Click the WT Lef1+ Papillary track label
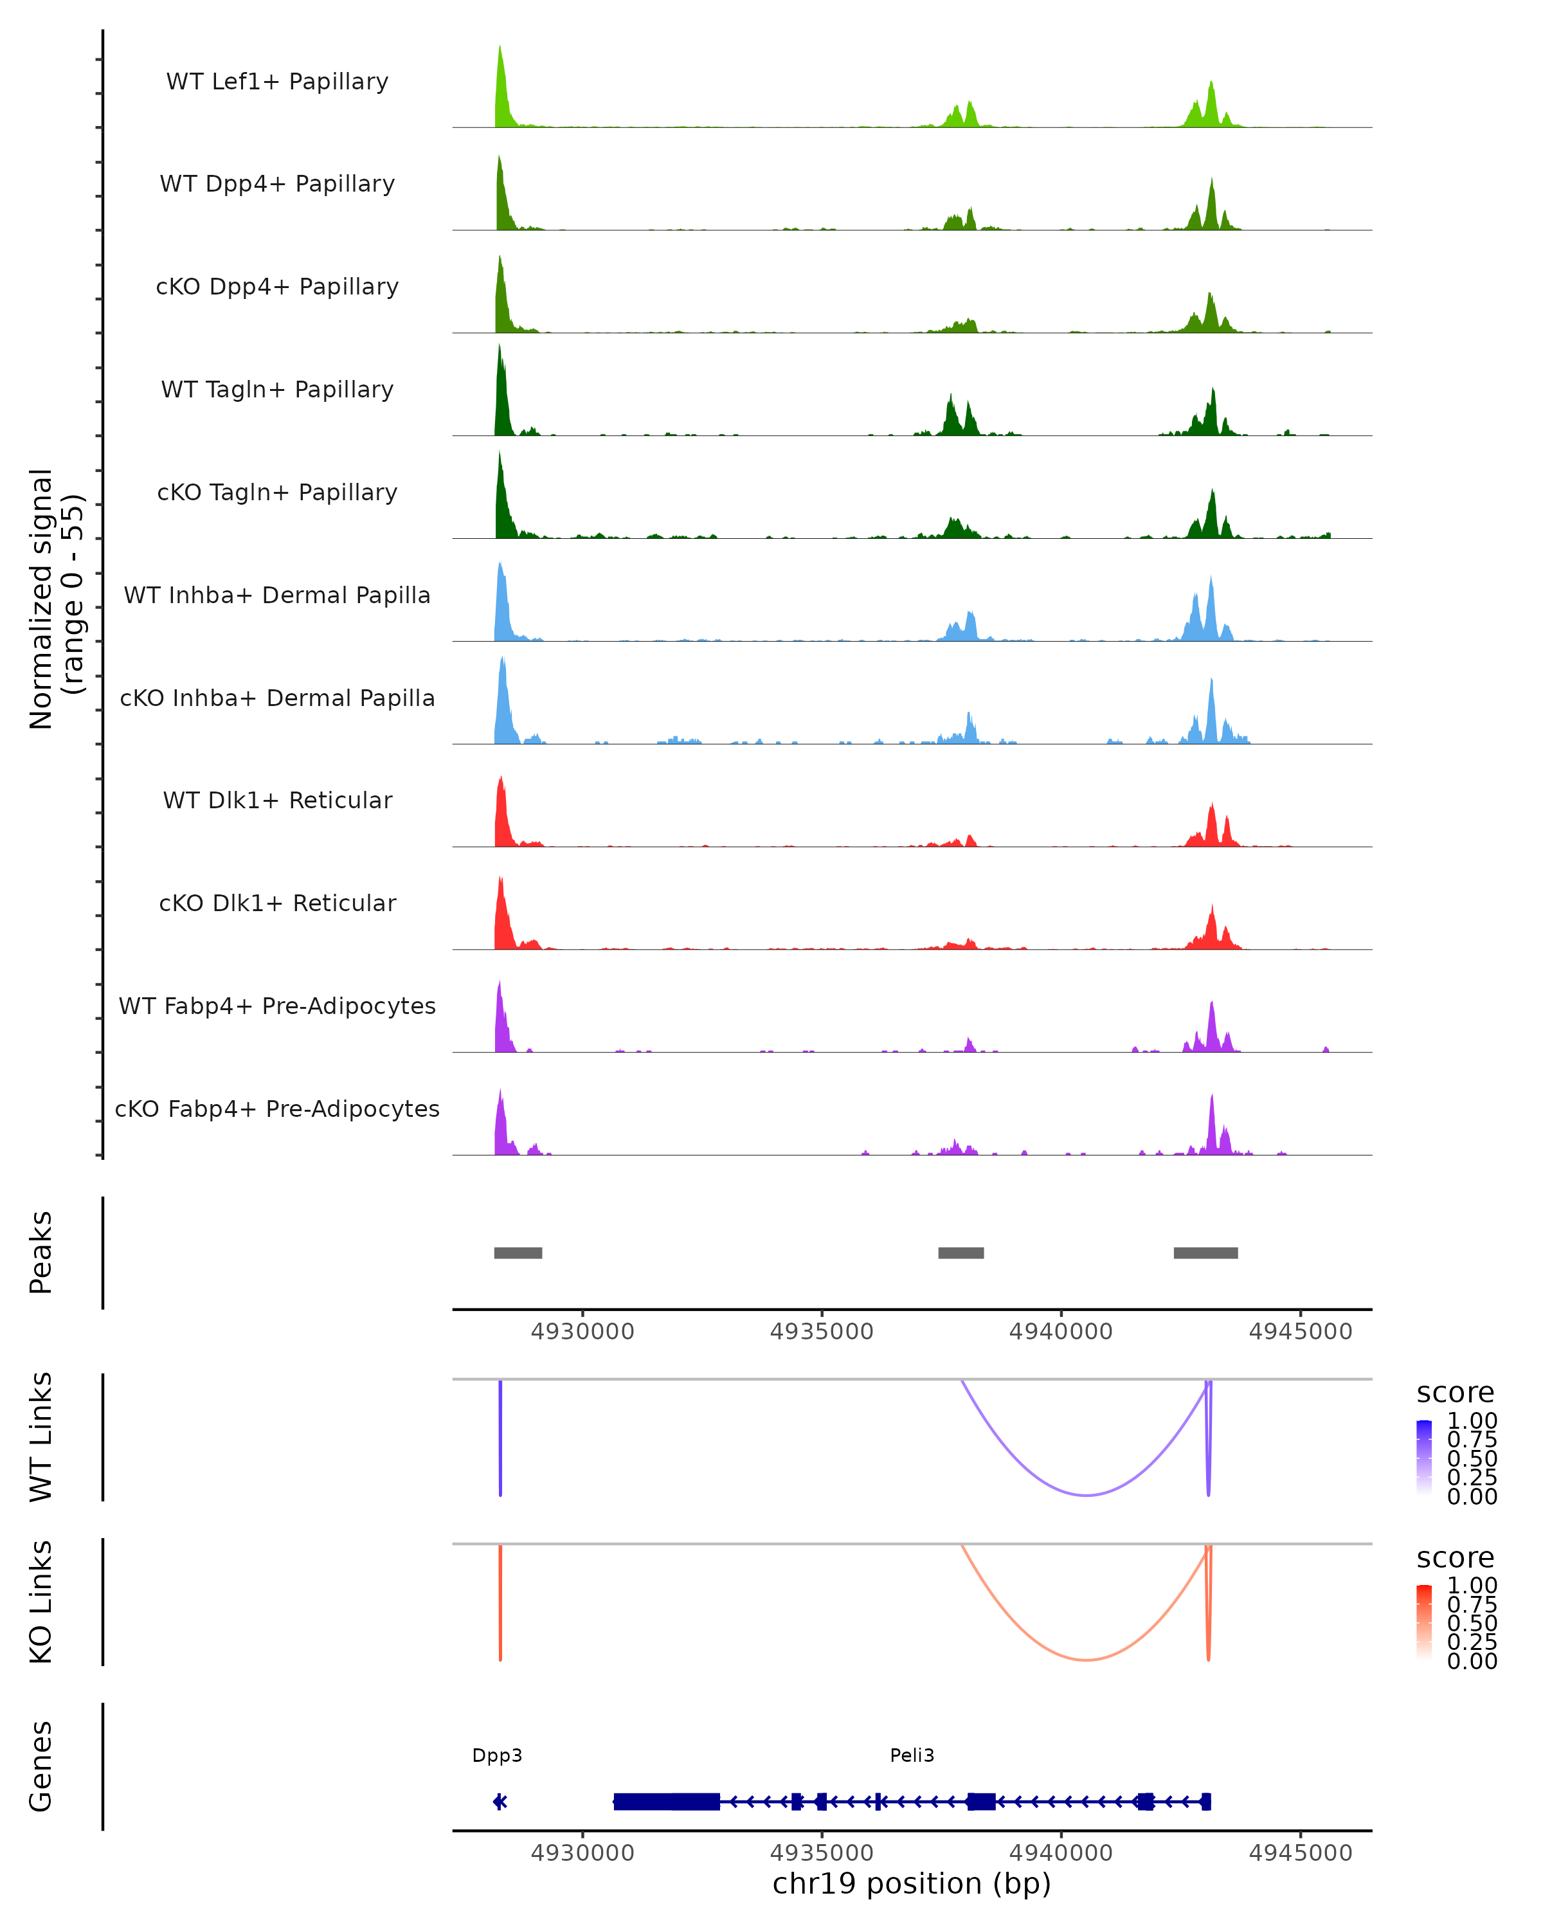[x=277, y=82]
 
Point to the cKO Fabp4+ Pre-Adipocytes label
[x=277, y=1109]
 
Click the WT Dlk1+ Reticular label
[x=277, y=800]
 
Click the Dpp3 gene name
[x=498, y=1755]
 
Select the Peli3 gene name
[x=912, y=1755]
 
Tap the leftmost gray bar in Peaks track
[x=518, y=1253]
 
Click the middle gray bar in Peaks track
[x=961, y=1253]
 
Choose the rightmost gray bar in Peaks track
[x=1205, y=1253]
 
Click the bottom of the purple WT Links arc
[x=1086, y=1494]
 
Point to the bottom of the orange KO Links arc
[x=1086, y=1660]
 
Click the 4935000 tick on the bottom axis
[x=822, y=1851]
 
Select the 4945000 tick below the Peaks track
[x=1301, y=1332]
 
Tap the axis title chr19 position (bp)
[x=912, y=1883]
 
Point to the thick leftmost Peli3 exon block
[x=667, y=1801]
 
